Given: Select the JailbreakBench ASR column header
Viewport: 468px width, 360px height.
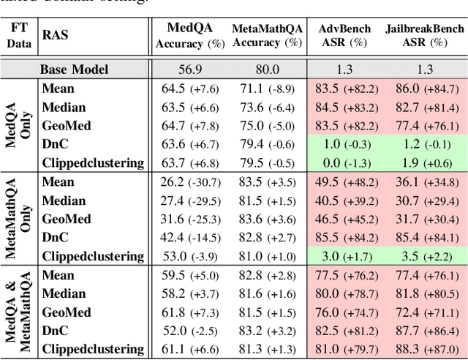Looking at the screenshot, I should (424, 35).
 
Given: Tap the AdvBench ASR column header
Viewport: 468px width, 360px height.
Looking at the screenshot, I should (347, 35).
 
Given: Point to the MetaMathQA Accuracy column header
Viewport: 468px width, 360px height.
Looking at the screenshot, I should (267, 35).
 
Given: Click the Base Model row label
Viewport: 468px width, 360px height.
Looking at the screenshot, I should (74, 70).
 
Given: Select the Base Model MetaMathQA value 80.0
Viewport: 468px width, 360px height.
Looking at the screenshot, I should (267, 70).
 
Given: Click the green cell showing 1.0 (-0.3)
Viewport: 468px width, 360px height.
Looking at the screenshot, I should (347, 144).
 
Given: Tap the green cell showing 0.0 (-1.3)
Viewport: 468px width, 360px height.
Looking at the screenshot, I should (347, 162).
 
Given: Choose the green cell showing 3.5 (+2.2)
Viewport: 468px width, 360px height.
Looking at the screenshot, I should (424, 256).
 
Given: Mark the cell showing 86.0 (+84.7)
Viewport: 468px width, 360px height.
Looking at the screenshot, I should (424, 89).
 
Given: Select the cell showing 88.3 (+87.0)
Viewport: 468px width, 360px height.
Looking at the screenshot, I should (424, 349).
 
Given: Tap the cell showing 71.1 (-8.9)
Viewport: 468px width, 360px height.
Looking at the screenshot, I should (268, 89).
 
